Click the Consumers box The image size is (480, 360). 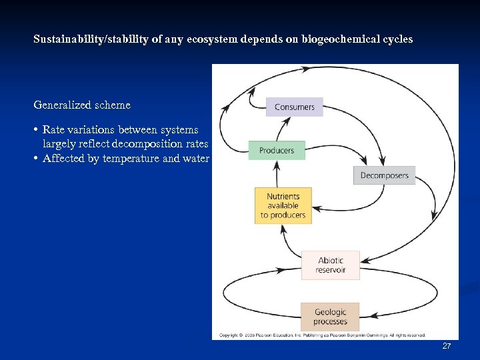coord(294,107)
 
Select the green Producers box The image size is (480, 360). coord(276,151)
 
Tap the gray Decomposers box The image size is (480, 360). coord(384,175)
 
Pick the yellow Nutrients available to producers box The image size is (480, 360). coord(283,205)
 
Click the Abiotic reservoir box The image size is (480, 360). coord(331,265)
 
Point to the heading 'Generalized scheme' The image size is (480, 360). coord(82,105)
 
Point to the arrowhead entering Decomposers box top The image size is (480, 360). coord(363,162)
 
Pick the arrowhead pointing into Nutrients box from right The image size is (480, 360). coord(317,209)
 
